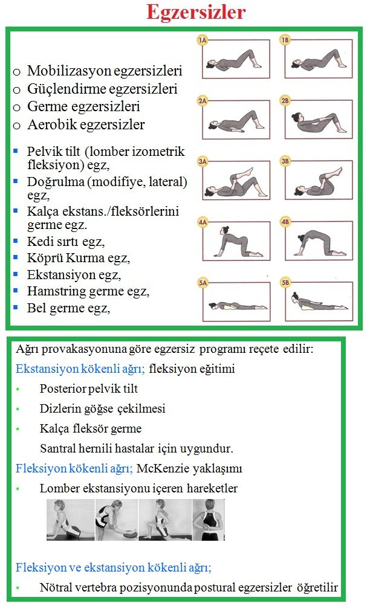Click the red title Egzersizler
[196, 12]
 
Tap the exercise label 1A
[203, 40]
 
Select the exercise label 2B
[286, 101]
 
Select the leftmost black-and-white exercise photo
[70, 520]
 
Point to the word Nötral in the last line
[56, 587]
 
